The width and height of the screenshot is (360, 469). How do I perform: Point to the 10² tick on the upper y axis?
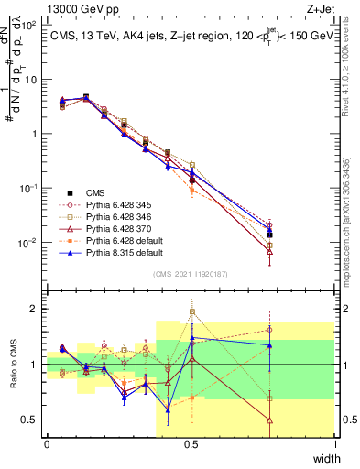click(31, 25)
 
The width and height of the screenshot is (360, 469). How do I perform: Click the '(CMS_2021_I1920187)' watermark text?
click(191, 273)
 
